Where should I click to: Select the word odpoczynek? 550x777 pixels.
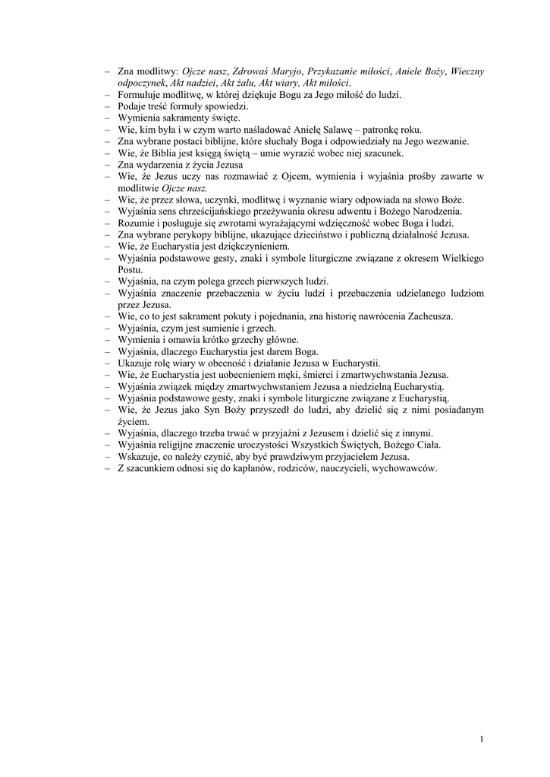click(x=142, y=82)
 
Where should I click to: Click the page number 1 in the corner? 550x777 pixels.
click(x=482, y=740)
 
